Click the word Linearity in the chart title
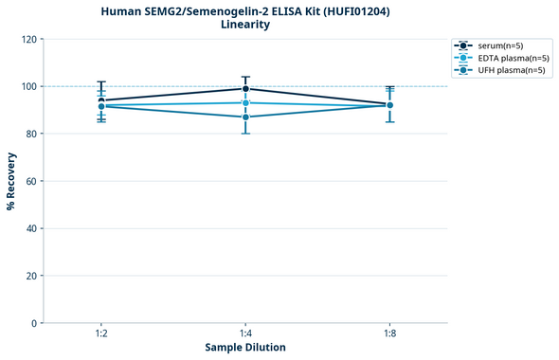point(245,25)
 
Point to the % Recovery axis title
point(11,180)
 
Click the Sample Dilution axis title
point(245,348)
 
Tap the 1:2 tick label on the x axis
point(100,333)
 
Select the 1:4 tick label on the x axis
point(245,333)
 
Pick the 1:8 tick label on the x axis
point(390,333)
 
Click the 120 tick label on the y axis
point(28,39)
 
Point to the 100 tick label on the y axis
point(28,86)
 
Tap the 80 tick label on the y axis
point(31,134)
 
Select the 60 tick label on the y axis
point(31,181)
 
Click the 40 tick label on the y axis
point(31,228)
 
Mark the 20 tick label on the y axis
point(31,276)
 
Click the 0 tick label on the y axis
point(34,323)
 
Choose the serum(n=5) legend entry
point(500,45)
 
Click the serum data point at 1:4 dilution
point(245,89)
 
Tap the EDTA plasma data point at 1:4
point(245,102)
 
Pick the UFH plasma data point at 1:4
point(245,117)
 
